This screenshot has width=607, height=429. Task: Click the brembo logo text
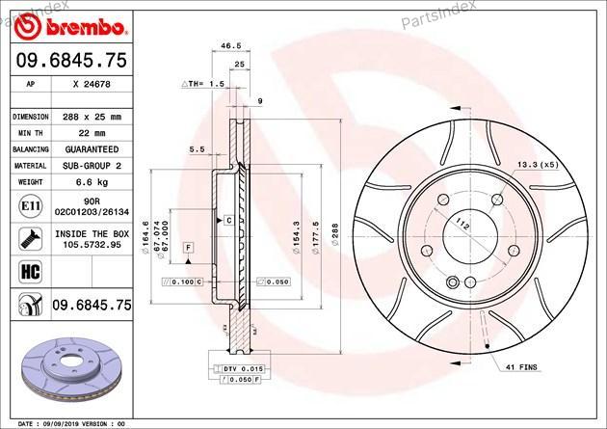click(x=85, y=28)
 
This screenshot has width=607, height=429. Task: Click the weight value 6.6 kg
click(x=92, y=182)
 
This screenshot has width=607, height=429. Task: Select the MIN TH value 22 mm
click(x=92, y=133)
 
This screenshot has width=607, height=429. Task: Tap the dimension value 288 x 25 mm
click(x=92, y=117)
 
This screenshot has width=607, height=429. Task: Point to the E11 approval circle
click(x=30, y=206)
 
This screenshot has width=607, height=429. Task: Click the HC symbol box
click(x=30, y=272)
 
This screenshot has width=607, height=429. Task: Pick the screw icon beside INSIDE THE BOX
click(x=30, y=239)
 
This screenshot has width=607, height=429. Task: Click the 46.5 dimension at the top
click(x=230, y=45)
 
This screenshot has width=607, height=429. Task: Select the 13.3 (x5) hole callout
click(x=538, y=165)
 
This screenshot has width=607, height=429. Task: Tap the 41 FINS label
click(x=522, y=367)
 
